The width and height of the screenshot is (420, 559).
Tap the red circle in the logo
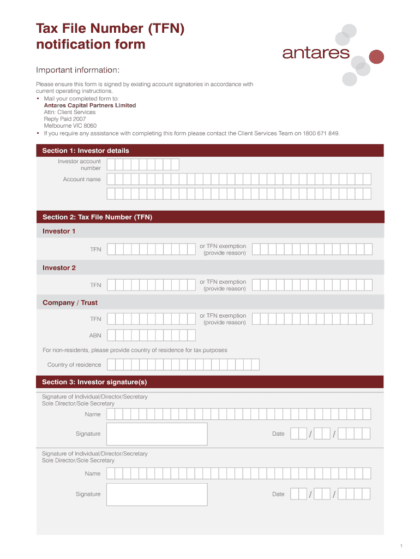pos(376,56)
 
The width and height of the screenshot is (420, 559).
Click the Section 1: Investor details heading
pos(86,151)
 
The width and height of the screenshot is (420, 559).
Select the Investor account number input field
pos(143,164)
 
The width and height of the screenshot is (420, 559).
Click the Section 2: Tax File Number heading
pos(97,217)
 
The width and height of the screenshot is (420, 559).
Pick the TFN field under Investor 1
pos(151,249)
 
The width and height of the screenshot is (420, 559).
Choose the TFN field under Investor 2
pos(151,285)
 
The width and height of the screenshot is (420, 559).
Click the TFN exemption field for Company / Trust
pos(312,319)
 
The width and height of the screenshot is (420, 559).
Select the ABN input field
pos(151,335)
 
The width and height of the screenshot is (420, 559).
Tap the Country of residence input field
pos(183,365)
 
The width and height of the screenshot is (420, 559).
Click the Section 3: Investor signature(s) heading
pos(94,382)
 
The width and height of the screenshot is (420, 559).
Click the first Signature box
pos(157,434)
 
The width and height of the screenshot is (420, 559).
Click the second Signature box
pos(157,494)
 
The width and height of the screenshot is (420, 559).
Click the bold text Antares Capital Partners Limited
pos(90,105)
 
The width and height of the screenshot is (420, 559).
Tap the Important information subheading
pos(77,70)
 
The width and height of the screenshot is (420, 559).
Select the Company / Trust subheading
pos(70,302)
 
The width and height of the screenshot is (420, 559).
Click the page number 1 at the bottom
pos(400,546)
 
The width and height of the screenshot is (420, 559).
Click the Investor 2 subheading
pos(59,268)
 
